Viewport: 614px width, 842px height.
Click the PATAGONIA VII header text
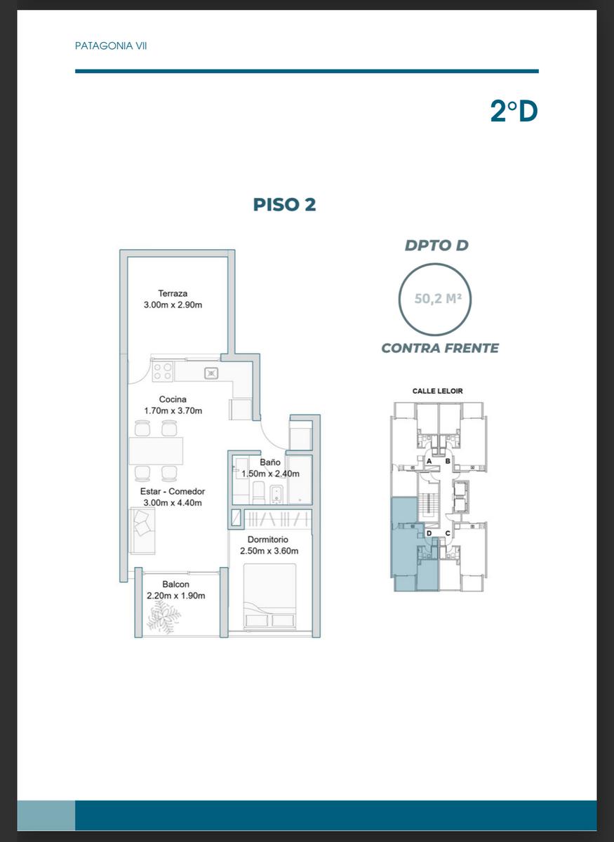[111, 46]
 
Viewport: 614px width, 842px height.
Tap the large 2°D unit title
[514, 112]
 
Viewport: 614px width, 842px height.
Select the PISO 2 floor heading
[285, 204]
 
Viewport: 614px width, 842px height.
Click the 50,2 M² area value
[438, 298]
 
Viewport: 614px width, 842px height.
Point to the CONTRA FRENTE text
[440, 348]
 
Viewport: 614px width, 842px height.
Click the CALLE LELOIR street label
[438, 391]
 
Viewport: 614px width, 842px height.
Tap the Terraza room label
[173, 293]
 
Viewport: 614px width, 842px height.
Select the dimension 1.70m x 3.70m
[173, 411]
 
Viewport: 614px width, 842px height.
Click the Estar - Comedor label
[173, 491]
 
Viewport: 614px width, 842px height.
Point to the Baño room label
[270, 462]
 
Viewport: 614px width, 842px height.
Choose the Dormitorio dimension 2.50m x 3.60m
[269, 551]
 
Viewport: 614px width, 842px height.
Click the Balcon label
[175, 584]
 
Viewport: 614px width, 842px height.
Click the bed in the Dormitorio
[269, 596]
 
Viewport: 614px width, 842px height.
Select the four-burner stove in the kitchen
[163, 371]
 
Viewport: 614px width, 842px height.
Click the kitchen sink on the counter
[211, 373]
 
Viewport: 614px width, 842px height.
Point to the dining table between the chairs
[156, 450]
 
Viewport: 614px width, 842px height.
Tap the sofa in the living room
[142, 530]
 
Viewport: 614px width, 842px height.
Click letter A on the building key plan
[429, 461]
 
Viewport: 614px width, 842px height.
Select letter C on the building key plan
[448, 533]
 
